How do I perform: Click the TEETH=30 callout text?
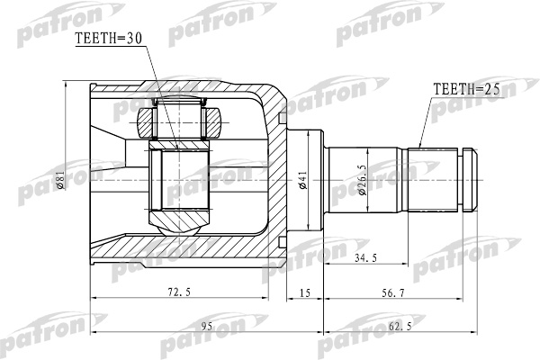pos(109,38)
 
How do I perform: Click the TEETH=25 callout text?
pos(466,89)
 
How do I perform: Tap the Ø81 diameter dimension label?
pos(61,181)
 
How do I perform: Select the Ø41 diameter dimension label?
pos(303,179)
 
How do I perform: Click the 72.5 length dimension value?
pos(179,292)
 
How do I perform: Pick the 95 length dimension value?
pos(207,326)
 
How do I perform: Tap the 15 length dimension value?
pos(305,292)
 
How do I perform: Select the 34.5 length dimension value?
pos(365,257)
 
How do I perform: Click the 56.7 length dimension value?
pos(393,292)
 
